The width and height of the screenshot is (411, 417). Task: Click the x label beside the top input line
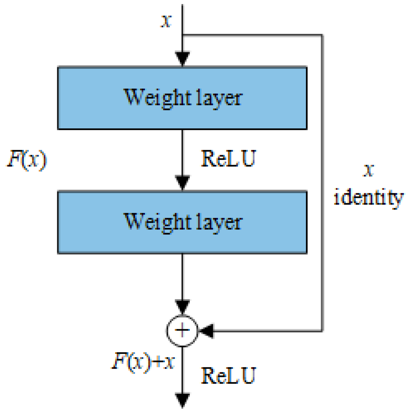point(166,21)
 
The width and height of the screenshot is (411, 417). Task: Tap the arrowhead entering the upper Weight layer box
point(182,59)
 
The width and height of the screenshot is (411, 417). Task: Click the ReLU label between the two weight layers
point(229,159)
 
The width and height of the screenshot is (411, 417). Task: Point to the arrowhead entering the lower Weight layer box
point(182,183)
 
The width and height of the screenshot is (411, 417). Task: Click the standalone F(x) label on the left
point(28,160)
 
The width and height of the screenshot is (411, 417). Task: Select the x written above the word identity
point(369,170)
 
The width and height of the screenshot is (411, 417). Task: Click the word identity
point(369,198)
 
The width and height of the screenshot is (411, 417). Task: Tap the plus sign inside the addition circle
point(182,330)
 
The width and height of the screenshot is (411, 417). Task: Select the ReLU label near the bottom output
point(229,376)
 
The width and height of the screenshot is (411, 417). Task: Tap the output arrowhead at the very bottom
point(182,400)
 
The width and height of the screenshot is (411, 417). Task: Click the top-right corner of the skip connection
point(322,35)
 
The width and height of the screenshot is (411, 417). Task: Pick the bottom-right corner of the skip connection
point(322,330)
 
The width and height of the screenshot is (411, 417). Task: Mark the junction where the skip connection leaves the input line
point(182,35)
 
